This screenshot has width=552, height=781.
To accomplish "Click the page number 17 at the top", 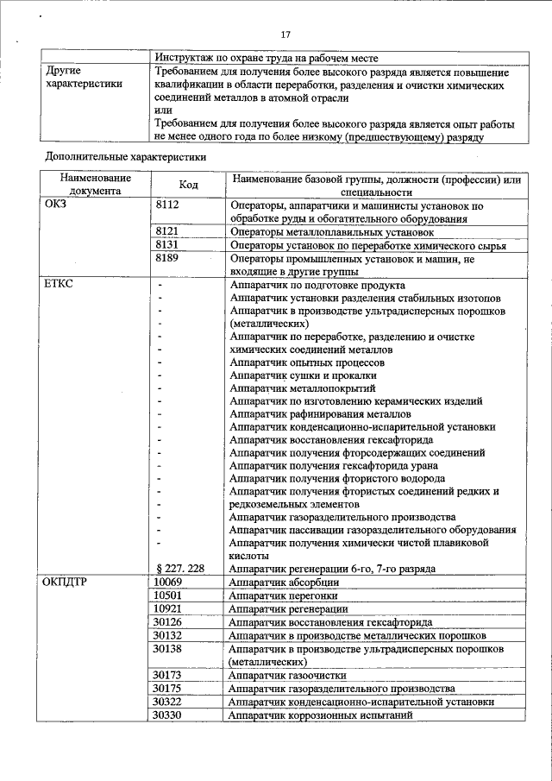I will [x=286, y=34].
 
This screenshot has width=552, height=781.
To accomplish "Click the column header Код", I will [x=188, y=185].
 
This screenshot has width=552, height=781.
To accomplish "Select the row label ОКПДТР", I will [x=66, y=582].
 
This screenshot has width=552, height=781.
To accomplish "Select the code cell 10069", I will [x=167, y=582].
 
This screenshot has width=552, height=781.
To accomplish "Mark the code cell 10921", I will [x=167, y=608].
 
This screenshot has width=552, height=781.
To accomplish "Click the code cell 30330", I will [x=167, y=715].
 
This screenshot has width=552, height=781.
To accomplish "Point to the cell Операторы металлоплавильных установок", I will [x=330, y=232].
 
